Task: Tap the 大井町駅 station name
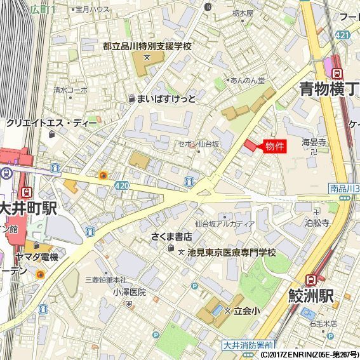pyautogui.click(x=29, y=208)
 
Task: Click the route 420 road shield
pyautogui.click(x=122, y=184)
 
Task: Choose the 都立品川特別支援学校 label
pyautogui.click(x=147, y=46)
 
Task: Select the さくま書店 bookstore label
pyautogui.click(x=171, y=237)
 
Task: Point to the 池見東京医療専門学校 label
pyautogui.click(x=231, y=253)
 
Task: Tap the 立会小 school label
pyautogui.click(x=246, y=310)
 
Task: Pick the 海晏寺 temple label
pyautogui.click(x=314, y=142)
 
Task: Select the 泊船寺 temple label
pyautogui.click(x=317, y=223)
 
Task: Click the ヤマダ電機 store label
pyautogui.click(x=37, y=257)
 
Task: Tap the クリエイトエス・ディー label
pyautogui.click(x=51, y=123)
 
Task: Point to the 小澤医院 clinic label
pyautogui.click(x=130, y=292)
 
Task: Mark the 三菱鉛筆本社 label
pyautogui.click(x=105, y=280)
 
